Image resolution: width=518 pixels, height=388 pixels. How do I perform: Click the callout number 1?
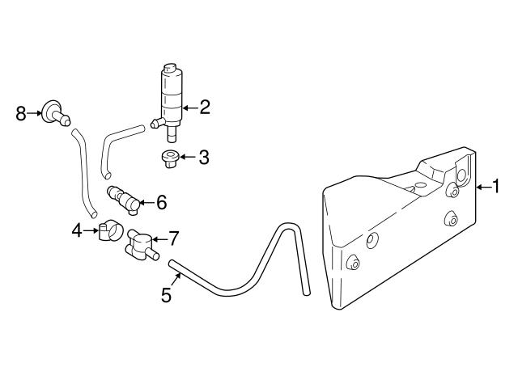tap(496, 187)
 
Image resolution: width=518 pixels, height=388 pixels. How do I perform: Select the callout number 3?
tap(204, 157)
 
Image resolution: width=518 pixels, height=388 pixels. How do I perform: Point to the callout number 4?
tap(76, 231)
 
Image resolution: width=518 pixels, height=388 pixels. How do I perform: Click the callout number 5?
tap(166, 295)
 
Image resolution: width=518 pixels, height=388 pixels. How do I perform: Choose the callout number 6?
tap(161, 202)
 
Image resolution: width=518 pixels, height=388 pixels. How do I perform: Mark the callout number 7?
tap(173, 238)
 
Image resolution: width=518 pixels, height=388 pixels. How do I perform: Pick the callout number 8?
tap(21, 113)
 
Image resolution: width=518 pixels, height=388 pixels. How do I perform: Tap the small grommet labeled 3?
tap(169, 158)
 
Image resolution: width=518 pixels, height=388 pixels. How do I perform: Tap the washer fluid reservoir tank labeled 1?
tap(397, 234)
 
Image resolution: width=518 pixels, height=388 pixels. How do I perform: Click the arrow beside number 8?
tap(36, 113)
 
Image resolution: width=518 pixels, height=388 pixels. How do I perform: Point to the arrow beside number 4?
tap(91, 231)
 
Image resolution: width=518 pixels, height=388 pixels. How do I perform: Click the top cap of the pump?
tap(169, 67)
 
